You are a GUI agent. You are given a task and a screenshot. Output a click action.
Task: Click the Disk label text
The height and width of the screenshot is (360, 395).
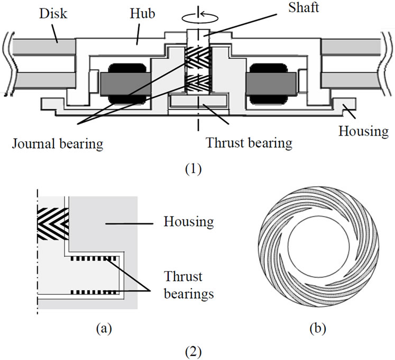click(x=53, y=13)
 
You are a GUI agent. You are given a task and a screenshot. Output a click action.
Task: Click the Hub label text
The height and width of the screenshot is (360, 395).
click(x=142, y=13)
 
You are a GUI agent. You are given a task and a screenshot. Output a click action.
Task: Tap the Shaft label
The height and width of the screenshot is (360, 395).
click(x=304, y=7)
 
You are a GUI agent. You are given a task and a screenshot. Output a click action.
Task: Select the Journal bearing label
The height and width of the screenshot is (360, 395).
click(x=58, y=144)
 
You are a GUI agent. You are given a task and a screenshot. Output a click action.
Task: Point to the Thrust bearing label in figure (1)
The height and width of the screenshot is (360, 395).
click(x=249, y=143)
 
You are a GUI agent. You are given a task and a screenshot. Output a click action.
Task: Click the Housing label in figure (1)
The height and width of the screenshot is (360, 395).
click(x=363, y=131)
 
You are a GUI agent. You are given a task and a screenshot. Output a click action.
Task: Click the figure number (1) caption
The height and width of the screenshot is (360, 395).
click(x=194, y=169)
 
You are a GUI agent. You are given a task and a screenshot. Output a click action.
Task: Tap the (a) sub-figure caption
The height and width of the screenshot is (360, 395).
click(x=104, y=328)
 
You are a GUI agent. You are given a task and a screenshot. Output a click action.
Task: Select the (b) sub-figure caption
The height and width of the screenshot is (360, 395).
click(x=318, y=328)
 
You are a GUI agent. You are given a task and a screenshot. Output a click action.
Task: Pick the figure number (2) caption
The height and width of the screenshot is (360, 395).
click(x=194, y=353)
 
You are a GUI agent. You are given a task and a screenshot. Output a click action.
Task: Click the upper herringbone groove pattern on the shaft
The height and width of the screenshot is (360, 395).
click(x=198, y=57)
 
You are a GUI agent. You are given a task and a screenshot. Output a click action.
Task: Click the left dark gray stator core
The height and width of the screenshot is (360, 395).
click(x=125, y=84)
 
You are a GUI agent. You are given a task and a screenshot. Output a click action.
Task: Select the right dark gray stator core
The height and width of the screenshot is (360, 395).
click(x=271, y=84)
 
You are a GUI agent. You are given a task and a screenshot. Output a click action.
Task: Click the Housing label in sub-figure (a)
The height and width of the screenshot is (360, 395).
click(x=189, y=222)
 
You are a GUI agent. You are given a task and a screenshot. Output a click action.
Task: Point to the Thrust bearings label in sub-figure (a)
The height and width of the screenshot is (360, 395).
click(x=189, y=285)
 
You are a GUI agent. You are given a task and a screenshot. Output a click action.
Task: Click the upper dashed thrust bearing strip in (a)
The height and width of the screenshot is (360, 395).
click(x=94, y=258)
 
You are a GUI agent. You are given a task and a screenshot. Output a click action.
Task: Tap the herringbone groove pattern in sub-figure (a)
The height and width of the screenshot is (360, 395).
click(x=53, y=223)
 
